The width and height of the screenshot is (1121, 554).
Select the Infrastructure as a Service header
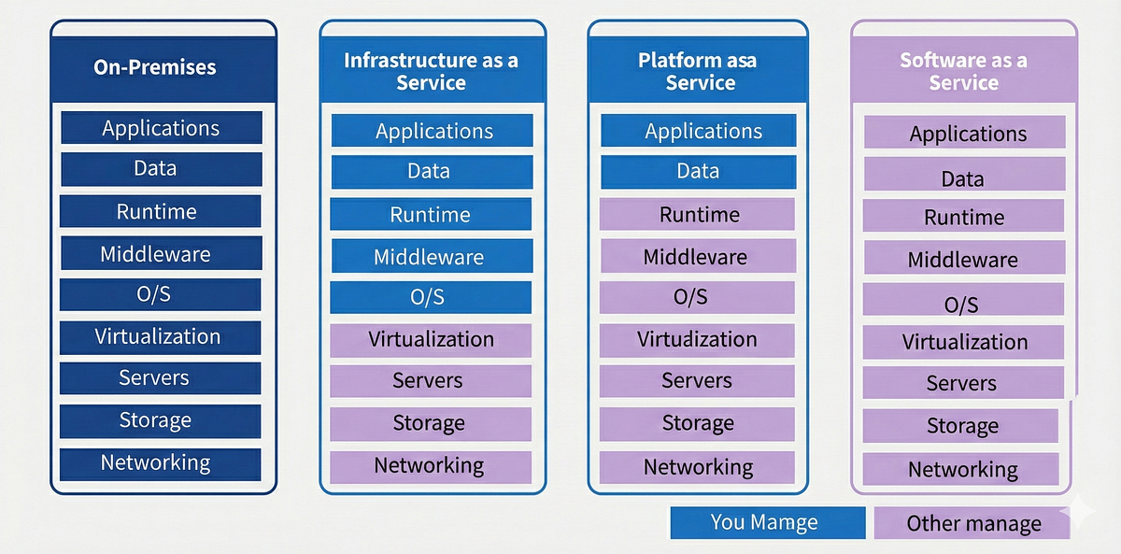[x=432, y=71]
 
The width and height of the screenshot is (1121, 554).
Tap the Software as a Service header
[x=963, y=71]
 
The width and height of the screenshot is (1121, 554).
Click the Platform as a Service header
[x=699, y=71]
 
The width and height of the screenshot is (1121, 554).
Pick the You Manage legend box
[x=767, y=523]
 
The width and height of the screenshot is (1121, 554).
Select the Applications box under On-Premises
[x=161, y=128]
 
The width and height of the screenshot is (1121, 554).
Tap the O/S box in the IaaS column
[x=430, y=297]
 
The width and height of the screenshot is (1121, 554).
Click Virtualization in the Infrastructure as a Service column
[x=430, y=339]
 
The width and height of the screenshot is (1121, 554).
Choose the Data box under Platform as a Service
[x=698, y=172]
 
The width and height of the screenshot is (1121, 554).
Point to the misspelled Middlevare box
[x=696, y=256]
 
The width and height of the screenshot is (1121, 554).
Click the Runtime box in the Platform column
[x=698, y=214]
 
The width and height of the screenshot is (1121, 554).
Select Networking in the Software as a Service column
[x=961, y=469]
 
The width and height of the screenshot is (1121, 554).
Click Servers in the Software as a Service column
[x=962, y=383]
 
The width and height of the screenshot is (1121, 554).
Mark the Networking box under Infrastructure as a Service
[x=430, y=465]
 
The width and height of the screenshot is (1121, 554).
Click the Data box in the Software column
[x=963, y=176]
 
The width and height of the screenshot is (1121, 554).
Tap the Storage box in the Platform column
[x=698, y=423]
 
